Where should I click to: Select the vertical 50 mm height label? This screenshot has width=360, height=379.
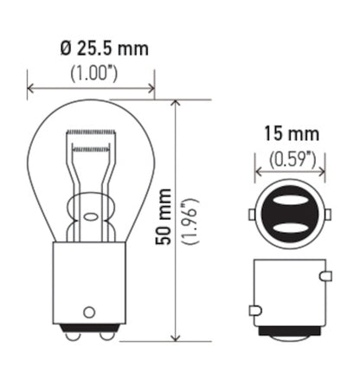[x=164, y=221]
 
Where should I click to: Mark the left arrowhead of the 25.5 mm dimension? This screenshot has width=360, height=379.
[x=32, y=87]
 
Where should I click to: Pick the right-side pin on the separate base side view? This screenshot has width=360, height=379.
[x=326, y=277]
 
